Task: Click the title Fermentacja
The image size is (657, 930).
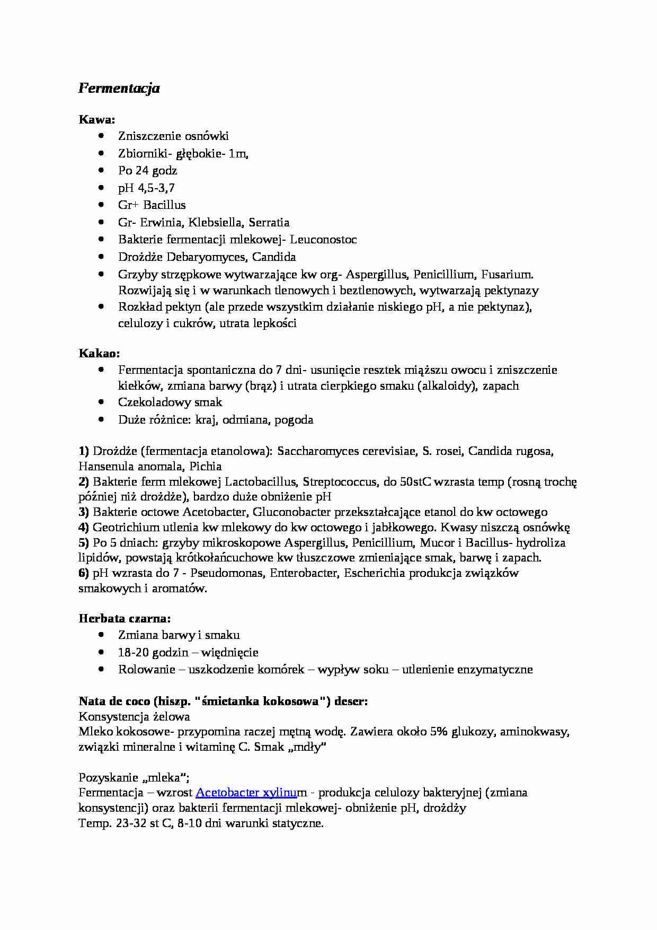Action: [x=119, y=88]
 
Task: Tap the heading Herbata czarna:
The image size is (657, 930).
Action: [x=125, y=618]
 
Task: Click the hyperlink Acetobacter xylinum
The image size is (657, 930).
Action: [x=246, y=793]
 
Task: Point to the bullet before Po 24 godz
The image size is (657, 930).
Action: [x=102, y=170]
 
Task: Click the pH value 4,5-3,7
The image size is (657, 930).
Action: [x=156, y=188]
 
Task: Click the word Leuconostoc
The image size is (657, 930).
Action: [x=323, y=240]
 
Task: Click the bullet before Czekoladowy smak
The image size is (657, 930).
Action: [x=102, y=402]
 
